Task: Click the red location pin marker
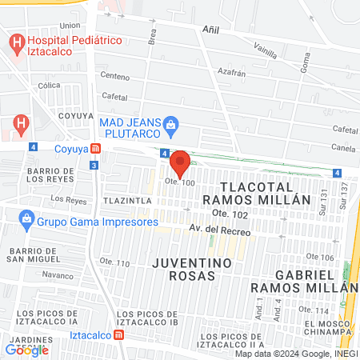[x=181, y=163]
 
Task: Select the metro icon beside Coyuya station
[x=95, y=148]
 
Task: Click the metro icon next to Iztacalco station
[x=119, y=335]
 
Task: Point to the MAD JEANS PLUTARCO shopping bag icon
[x=171, y=124]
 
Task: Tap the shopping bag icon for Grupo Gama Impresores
[x=27, y=218]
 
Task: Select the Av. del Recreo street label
[x=220, y=231]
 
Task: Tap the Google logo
[x=27, y=350]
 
